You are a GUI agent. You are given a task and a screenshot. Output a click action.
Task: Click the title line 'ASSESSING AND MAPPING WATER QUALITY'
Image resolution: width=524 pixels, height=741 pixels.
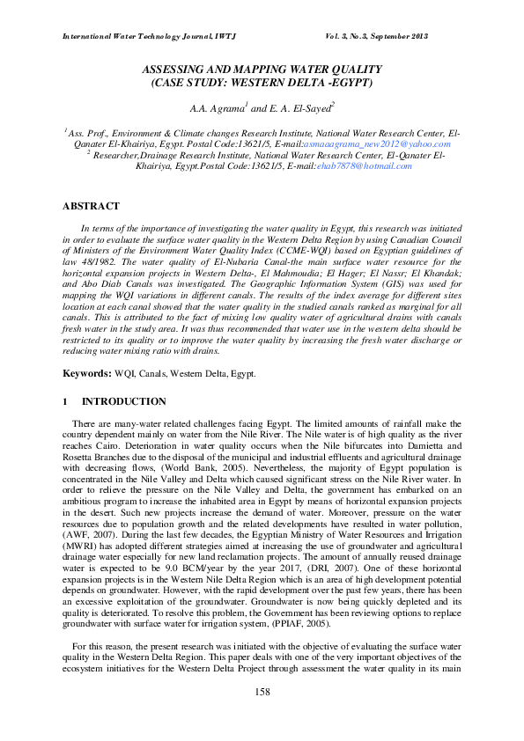coord(262,69)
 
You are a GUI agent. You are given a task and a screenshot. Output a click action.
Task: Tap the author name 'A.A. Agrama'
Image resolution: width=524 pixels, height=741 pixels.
coord(216,108)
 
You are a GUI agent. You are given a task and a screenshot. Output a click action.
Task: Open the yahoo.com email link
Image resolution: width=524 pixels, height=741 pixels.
coord(390,143)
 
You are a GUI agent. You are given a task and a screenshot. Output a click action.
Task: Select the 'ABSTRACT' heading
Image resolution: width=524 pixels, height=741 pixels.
coord(91,206)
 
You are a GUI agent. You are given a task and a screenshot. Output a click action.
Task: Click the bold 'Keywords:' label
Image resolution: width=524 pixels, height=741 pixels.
coord(86,374)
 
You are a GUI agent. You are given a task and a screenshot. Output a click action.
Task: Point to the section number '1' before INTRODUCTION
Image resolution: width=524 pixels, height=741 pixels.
coord(65,401)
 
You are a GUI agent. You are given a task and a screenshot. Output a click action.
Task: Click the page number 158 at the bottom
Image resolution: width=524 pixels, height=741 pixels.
coord(262,718)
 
